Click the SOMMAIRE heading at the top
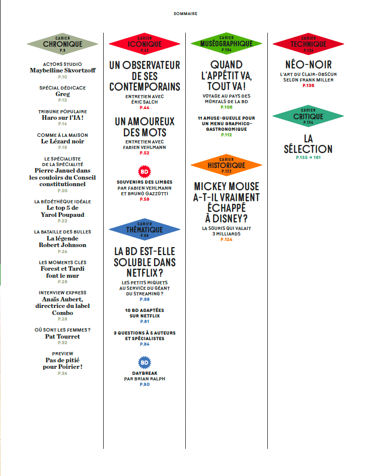click(185, 14)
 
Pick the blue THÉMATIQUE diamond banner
click(144, 230)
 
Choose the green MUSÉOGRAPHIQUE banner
click(226, 44)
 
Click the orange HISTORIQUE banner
click(226, 166)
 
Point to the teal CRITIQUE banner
click(308, 117)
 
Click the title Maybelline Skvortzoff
click(62, 70)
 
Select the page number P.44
click(144, 108)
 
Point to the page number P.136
click(308, 86)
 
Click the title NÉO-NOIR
click(308, 65)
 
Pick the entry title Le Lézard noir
click(62, 141)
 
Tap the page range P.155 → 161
click(308, 157)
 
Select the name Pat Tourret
click(62, 337)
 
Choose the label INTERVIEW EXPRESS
click(62, 292)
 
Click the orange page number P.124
click(226, 240)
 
